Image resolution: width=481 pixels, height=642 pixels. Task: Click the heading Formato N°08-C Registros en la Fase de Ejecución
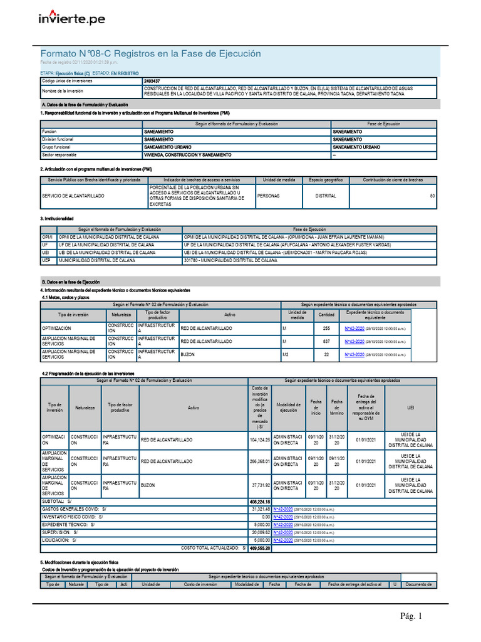click(x=150, y=54)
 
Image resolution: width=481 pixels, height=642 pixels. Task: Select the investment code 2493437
click(x=152, y=82)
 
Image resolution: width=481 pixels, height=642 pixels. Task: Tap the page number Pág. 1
click(x=412, y=616)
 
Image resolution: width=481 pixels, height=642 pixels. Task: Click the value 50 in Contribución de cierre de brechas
click(x=432, y=196)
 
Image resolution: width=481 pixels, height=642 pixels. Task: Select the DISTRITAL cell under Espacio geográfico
click(x=326, y=196)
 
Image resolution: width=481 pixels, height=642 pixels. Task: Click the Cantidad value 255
click(x=326, y=329)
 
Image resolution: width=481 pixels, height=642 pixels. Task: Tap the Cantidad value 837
click(x=326, y=342)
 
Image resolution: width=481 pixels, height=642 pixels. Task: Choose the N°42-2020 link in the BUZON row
click(x=354, y=355)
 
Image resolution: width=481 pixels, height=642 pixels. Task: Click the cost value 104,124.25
click(x=259, y=440)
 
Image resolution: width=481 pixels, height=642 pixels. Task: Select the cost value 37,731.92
click(x=259, y=485)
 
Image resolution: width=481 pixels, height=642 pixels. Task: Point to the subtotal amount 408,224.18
click(x=259, y=502)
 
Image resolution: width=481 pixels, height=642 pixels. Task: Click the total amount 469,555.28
click(x=259, y=548)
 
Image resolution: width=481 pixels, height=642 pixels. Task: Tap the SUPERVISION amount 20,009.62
click(x=259, y=532)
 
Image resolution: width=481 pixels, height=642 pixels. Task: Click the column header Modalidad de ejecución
click(x=288, y=408)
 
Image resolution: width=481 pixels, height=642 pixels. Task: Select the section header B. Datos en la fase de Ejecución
click(x=70, y=282)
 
